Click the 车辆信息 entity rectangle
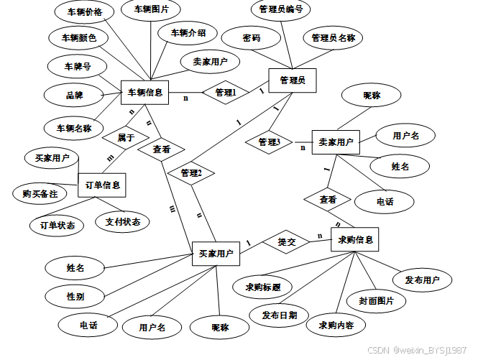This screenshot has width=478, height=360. (x=144, y=92)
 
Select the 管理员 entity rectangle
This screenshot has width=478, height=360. (x=292, y=80)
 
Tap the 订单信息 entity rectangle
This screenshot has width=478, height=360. (x=102, y=184)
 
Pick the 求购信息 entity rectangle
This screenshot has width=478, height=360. (x=355, y=239)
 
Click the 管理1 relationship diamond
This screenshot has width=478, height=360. (x=225, y=92)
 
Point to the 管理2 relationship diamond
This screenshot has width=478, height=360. (x=191, y=173)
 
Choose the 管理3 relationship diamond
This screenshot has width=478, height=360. (x=268, y=142)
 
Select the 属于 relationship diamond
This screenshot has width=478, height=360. (x=126, y=137)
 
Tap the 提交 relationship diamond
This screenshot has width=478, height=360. (x=287, y=242)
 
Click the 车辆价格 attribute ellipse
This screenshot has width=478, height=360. (x=84, y=12)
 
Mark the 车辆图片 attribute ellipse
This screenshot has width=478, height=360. (x=151, y=10)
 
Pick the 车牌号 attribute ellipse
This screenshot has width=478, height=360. (x=78, y=67)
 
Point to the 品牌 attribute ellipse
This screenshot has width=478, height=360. (x=74, y=94)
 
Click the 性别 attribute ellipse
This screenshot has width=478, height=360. (x=75, y=295)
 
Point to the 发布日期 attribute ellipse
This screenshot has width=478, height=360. (x=280, y=315)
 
